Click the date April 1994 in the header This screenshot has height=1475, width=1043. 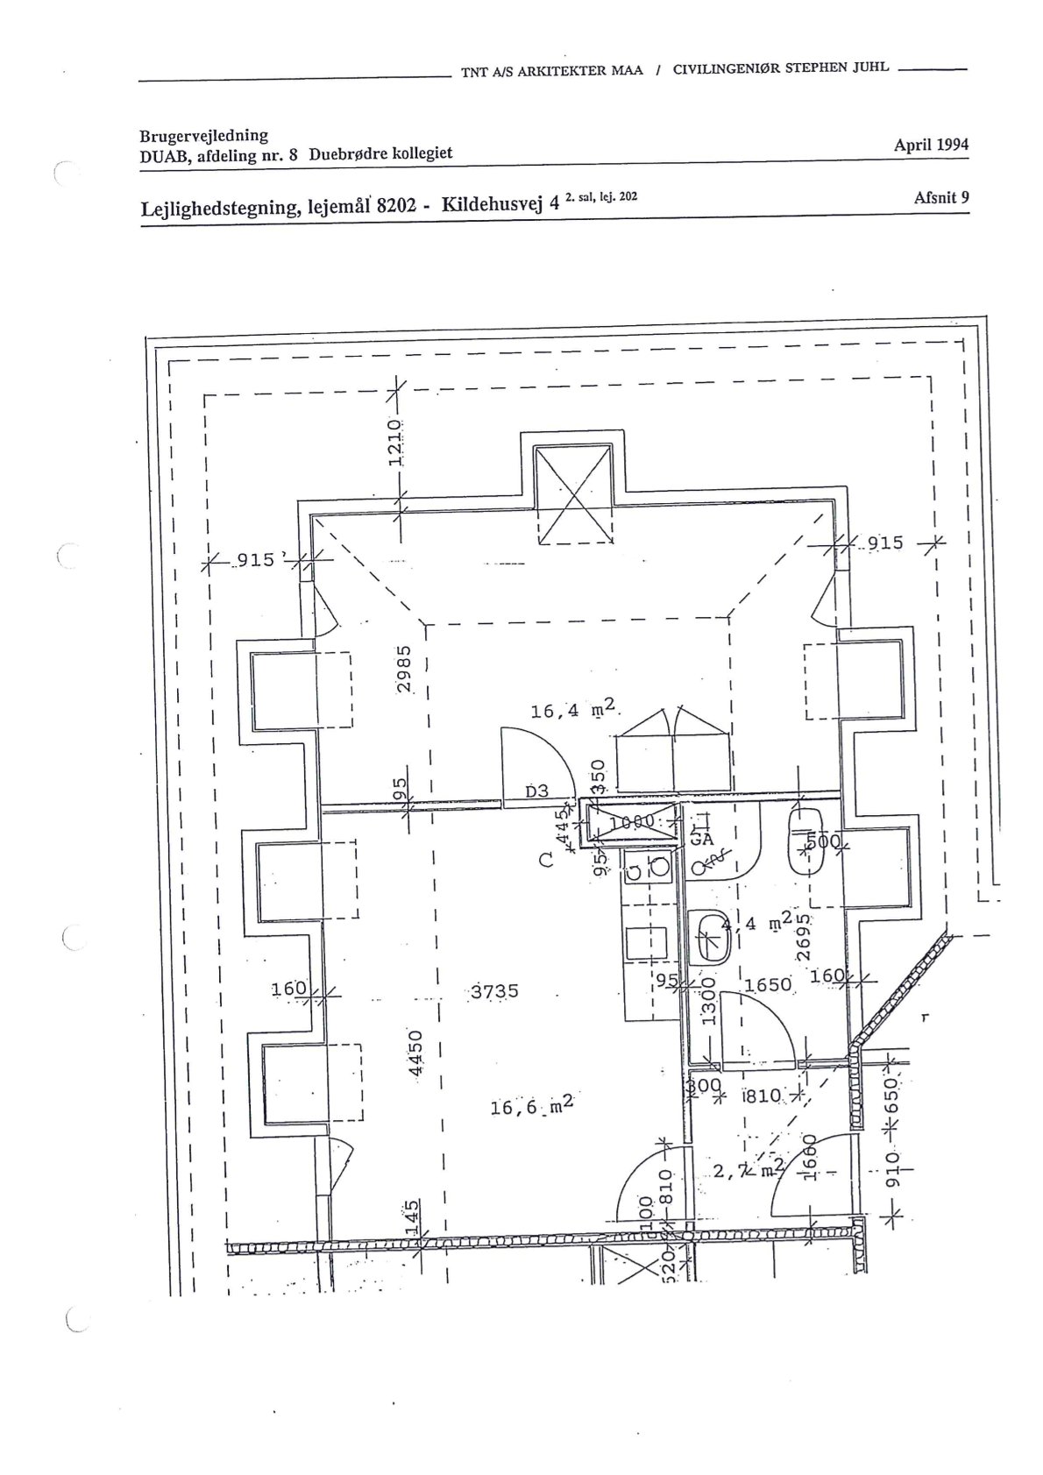931,145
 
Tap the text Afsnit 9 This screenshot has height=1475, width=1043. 940,197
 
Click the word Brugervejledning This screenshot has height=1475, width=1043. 203,136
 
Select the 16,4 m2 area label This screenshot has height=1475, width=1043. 574,710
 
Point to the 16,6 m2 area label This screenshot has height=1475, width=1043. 532,1107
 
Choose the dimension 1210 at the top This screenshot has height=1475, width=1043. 395,442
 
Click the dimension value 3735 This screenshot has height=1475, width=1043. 495,991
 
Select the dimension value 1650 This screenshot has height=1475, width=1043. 768,984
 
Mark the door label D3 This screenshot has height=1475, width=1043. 536,791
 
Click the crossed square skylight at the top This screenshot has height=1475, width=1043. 574,494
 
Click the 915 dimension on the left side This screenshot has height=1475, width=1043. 256,559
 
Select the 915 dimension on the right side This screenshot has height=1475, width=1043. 885,543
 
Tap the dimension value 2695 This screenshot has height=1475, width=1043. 804,940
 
